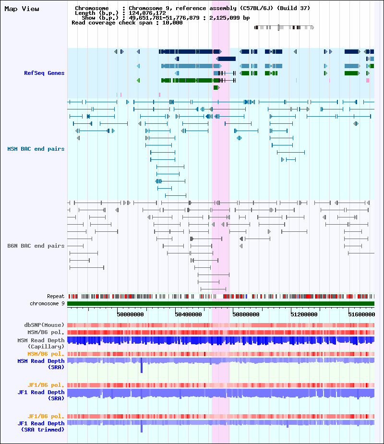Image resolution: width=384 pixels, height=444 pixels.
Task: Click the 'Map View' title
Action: [22, 9]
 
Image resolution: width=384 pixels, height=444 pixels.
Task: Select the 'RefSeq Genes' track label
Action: [44, 73]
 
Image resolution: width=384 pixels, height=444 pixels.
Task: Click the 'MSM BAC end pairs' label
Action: [36, 149]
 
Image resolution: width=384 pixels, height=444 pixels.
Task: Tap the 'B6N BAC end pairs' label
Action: [36, 246]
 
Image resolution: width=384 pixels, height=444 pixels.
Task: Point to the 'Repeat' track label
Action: [56, 296]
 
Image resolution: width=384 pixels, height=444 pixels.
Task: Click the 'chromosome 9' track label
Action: [47, 303]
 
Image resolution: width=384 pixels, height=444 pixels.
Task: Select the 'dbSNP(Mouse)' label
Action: [44, 325]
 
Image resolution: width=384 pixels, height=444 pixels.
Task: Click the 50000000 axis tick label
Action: [130, 314]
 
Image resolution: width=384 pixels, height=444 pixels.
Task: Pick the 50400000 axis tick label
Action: [188, 314]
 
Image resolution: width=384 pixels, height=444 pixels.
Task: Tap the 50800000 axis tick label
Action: [246, 314]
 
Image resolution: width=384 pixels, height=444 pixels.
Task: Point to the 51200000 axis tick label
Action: [304, 314]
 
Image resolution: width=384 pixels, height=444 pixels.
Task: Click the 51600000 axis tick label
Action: [361, 314]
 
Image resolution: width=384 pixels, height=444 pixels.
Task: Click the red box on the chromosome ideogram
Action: [279, 27]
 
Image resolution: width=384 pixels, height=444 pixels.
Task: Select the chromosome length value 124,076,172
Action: [147, 13]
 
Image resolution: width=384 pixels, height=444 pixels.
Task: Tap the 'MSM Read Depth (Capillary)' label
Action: [41, 343]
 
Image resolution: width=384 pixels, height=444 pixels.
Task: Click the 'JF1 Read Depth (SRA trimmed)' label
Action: [41, 426]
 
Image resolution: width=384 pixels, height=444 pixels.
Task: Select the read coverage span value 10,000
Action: [172, 23]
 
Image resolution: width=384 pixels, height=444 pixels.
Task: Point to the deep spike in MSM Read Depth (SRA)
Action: [142, 365]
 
